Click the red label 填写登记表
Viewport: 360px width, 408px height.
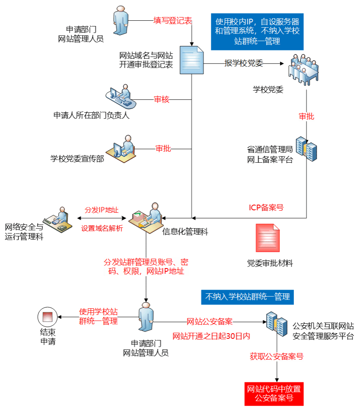173,21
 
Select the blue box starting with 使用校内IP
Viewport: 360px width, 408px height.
257,31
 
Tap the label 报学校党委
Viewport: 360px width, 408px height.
244,63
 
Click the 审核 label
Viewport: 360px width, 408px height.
161,100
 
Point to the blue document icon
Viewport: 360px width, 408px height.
191,60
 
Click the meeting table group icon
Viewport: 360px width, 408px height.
303,70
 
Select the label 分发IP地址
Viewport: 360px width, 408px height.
102,210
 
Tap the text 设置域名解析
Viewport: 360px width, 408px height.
102,229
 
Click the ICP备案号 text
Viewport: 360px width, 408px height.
266,208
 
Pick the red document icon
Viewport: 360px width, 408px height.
267,238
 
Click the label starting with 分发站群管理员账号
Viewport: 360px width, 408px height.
146,266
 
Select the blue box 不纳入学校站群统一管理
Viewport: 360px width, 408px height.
247,297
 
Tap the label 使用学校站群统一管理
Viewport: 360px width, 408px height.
98,316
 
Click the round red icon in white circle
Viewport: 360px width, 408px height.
48,316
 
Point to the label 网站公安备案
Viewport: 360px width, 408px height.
210,322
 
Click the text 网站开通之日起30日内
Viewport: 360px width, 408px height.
211,336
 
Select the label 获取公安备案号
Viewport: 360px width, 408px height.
277,357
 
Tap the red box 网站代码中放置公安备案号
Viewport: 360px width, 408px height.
274,393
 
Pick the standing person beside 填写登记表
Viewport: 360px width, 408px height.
120,21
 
